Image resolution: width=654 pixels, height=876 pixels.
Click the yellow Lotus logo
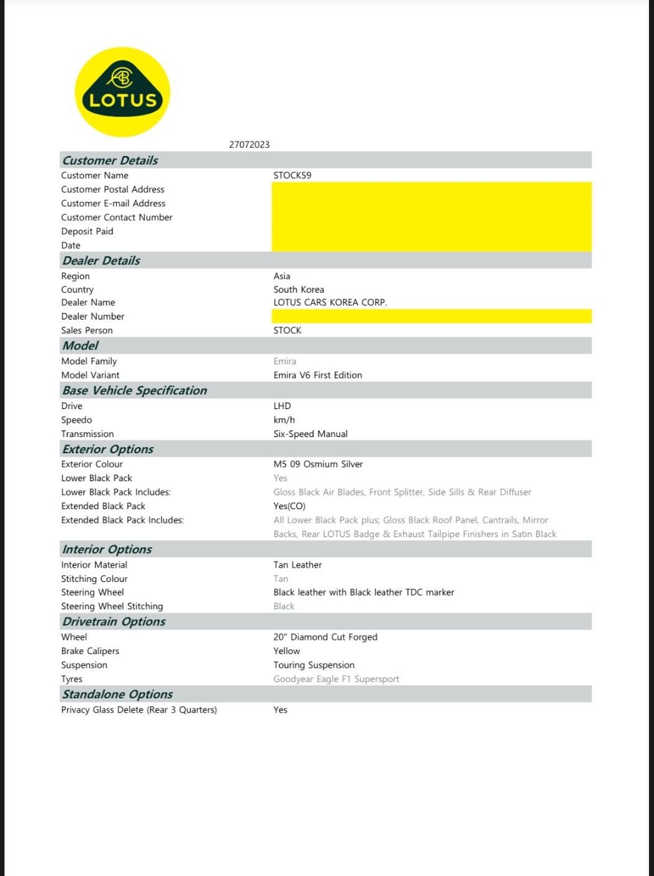122,92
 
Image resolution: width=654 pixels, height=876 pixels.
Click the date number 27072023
249,144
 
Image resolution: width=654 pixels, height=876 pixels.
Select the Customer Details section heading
110,160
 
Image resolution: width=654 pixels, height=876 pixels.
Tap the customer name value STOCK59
292,175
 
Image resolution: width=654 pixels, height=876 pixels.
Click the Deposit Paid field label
87,231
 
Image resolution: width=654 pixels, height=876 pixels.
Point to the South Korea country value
298,290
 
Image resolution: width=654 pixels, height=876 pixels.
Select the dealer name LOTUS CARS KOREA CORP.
330,303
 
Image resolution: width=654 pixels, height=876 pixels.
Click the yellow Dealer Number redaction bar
431,316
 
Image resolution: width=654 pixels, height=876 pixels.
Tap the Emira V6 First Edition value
317,376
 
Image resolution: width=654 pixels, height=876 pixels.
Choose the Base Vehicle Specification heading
134,390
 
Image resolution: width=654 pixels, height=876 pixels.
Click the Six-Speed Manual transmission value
310,434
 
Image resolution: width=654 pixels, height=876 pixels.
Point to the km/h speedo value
284,420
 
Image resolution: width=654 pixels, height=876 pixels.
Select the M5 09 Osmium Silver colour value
318,464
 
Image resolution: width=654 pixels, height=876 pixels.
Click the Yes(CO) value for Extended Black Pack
289,506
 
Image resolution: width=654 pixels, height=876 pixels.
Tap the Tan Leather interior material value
297,565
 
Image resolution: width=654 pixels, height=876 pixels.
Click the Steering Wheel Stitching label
112,607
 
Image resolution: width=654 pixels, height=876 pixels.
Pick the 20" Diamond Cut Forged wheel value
325,637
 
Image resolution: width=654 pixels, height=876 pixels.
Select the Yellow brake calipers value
286,651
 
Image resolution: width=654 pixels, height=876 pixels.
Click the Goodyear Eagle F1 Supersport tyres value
336,679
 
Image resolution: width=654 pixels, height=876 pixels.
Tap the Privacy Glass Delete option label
139,710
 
